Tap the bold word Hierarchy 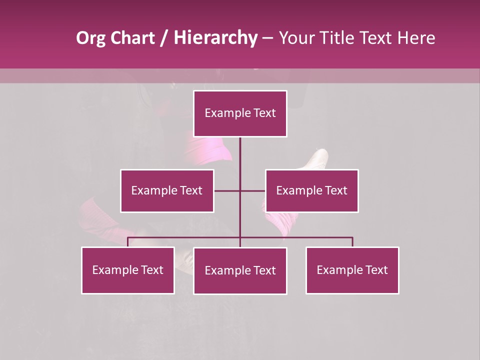[215, 38]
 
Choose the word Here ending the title [416, 38]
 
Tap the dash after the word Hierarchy [267, 38]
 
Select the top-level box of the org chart [240, 113]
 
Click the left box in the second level [167, 190]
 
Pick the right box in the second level [311, 190]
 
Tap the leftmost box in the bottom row [128, 270]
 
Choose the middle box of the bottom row [240, 270]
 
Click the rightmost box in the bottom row [352, 270]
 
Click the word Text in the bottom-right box [376, 270]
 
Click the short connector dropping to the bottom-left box [128, 242]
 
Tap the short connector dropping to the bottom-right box [352, 242]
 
